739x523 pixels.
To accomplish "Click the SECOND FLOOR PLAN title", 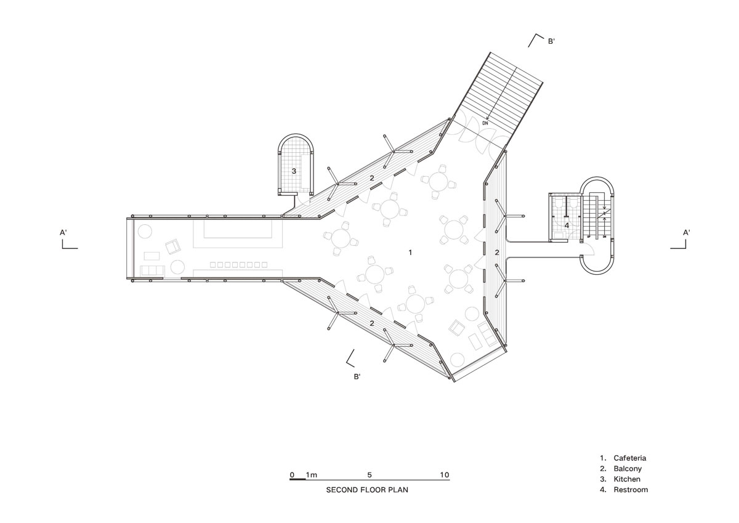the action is point(367,490).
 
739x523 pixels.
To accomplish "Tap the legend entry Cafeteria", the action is point(630,458).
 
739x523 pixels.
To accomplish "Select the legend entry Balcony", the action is point(628,469).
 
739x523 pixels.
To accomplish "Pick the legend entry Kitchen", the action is point(627,479).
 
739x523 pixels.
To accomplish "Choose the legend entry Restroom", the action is point(631,490).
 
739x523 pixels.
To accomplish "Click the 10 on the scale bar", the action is point(445,475).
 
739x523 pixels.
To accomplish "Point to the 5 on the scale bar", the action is point(369,475).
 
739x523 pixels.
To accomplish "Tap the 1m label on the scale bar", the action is point(312,475).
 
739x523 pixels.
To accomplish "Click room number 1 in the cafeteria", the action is point(410,253).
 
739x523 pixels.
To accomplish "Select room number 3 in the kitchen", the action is point(294,171).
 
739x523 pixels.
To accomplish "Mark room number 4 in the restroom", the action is point(567,225).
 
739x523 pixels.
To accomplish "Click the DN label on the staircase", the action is point(485,123).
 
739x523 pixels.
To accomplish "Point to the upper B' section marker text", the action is point(551,41).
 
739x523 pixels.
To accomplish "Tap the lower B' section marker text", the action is point(357,376).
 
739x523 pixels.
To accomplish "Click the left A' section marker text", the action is point(63,233).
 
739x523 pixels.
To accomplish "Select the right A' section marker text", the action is point(687,233).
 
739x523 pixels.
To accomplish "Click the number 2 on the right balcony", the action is point(497,253).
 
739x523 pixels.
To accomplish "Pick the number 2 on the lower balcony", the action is point(372,323).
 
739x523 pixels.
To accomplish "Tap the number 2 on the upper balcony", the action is point(372,178).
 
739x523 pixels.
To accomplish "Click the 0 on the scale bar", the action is point(292,475).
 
